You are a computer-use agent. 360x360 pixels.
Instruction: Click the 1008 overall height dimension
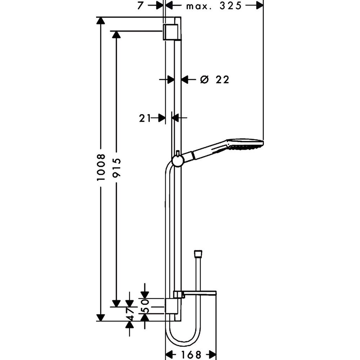101,167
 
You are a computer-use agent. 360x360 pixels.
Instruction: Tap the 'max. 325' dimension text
214,6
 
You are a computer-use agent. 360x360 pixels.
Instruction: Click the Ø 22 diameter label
215,80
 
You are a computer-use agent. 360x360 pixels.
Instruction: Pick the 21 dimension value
145,118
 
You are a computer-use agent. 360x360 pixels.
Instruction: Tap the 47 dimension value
130,314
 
